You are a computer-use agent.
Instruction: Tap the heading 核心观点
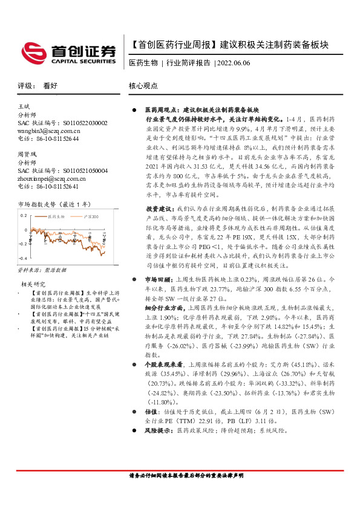(x=143, y=86)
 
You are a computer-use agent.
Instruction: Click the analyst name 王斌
(x=24, y=106)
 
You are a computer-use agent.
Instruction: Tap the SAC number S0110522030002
(x=80, y=123)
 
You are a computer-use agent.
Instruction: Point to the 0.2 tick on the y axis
(x=23, y=215)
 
